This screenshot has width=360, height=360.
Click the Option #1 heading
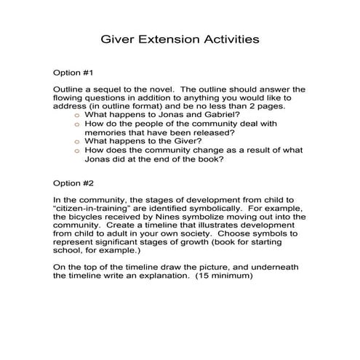[x=74, y=73]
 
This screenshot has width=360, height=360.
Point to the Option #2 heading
[x=74, y=184]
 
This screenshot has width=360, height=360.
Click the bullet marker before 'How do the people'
[x=77, y=124]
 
